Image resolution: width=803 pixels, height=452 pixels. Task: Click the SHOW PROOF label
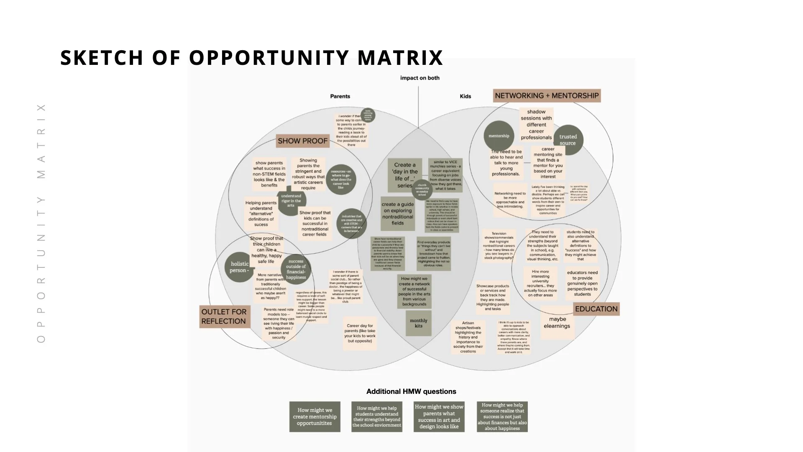click(x=302, y=141)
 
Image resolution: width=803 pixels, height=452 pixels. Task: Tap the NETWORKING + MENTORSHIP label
click(x=547, y=96)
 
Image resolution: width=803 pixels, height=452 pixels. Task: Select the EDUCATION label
click(x=596, y=309)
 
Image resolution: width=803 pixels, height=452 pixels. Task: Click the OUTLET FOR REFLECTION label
click(x=224, y=316)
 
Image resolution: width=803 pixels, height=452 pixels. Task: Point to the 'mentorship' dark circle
click(x=499, y=136)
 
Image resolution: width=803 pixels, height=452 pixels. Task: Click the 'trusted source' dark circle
click(x=568, y=140)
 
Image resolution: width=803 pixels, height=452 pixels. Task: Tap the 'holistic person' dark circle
click(x=239, y=267)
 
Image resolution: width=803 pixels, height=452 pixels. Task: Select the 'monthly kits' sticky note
click(x=418, y=323)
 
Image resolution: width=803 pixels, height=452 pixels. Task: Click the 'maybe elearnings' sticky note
click(x=557, y=323)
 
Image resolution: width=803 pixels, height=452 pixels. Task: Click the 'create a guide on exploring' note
click(x=397, y=213)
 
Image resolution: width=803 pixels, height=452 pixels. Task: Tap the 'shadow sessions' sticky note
click(x=536, y=125)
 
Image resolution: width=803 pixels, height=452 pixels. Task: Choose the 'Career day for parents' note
click(x=360, y=333)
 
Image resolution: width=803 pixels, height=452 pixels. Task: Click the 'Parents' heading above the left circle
click(x=340, y=96)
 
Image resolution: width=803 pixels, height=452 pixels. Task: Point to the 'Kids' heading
click(x=465, y=96)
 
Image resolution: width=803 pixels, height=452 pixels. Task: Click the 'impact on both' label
click(x=419, y=78)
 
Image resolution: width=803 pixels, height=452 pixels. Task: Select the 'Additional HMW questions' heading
click(x=411, y=391)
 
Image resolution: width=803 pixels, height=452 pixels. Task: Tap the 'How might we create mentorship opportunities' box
click(x=315, y=417)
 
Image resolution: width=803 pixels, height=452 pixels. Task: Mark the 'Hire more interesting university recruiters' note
click(x=540, y=283)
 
